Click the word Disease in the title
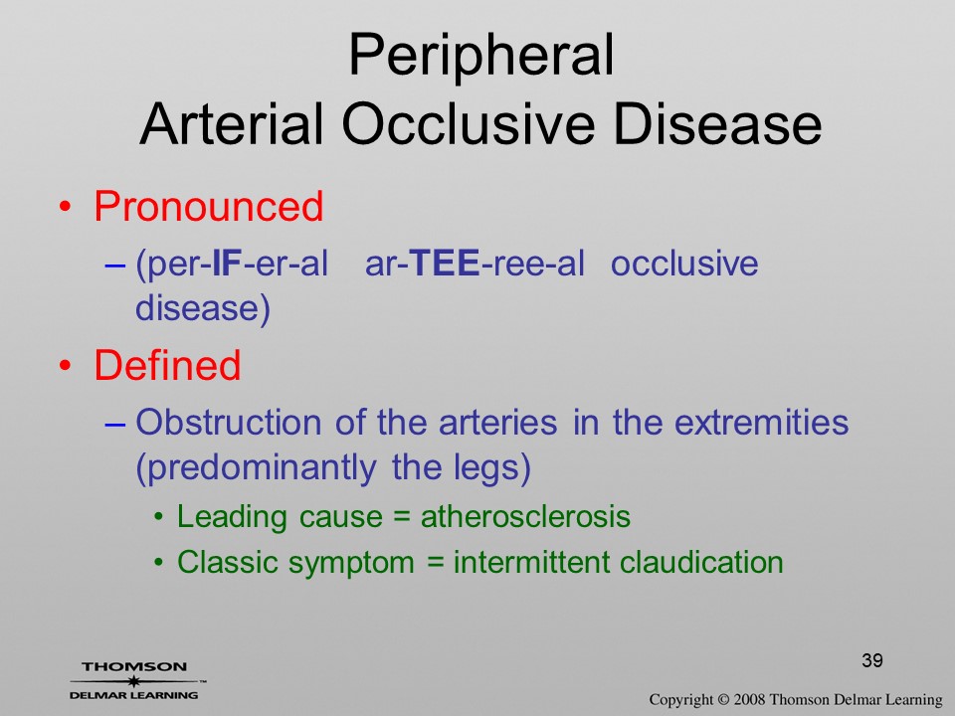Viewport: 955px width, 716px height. click(718, 124)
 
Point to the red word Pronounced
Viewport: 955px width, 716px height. click(208, 206)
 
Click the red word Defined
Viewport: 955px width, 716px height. click(167, 365)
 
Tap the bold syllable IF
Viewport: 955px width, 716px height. click(227, 264)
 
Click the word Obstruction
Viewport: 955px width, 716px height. click(229, 422)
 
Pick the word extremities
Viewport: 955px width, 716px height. click(761, 422)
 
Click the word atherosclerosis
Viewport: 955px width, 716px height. click(525, 517)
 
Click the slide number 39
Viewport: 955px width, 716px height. click(872, 660)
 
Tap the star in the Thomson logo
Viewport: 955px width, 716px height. click(134, 681)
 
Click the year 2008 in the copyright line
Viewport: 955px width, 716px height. click(748, 699)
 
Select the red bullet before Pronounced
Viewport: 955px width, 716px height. click(66, 207)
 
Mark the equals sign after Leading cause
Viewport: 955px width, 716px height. click(402, 517)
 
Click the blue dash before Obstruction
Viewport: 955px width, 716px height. click(115, 424)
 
